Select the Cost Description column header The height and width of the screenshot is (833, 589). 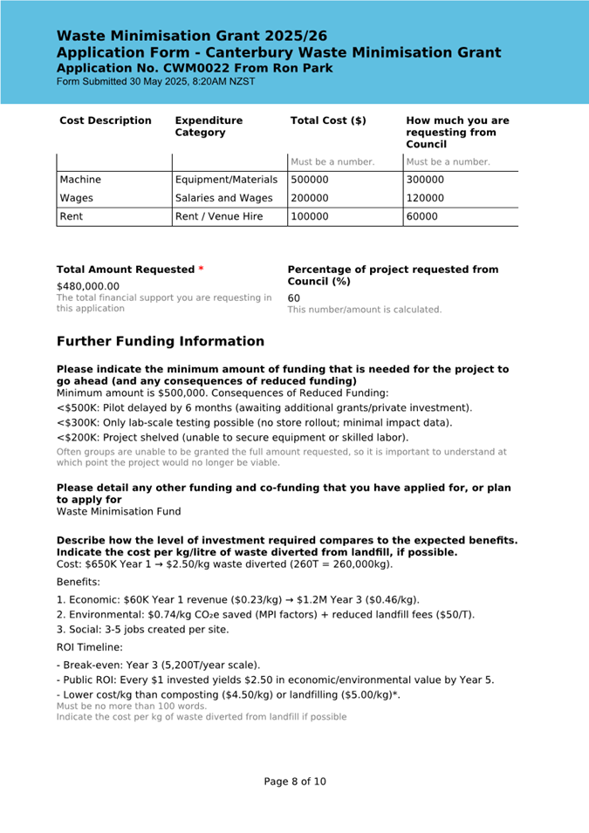click(x=105, y=120)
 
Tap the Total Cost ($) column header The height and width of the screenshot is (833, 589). click(x=328, y=120)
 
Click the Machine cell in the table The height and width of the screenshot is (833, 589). click(x=80, y=180)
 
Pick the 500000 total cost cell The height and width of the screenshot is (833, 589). click(x=310, y=180)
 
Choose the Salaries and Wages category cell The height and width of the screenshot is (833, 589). click(x=224, y=198)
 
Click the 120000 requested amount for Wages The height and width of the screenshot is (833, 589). click(x=425, y=198)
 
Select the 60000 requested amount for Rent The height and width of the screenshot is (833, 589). click(x=422, y=216)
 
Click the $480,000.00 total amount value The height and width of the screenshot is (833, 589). click(x=88, y=286)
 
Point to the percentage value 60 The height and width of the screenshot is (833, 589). click(x=294, y=297)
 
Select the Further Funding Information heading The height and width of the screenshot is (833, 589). click(x=161, y=341)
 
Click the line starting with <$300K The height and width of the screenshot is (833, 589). click(x=254, y=422)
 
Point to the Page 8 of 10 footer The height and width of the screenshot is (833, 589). click(x=295, y=782)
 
